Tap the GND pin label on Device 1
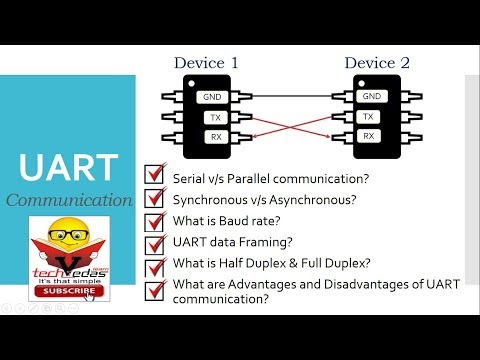point(213,97)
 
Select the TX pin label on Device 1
point(213,117)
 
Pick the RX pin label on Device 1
point(213,136)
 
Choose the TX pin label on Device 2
point(370,117)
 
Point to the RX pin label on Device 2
point(370,136)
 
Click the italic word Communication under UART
point(69,200)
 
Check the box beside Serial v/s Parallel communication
point(155,175)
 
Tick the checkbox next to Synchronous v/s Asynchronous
point(155,198)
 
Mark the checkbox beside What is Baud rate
point(155,221)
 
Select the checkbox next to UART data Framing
point(155,244)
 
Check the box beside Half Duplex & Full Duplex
point(155,267)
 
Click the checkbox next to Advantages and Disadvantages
point(155,290)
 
